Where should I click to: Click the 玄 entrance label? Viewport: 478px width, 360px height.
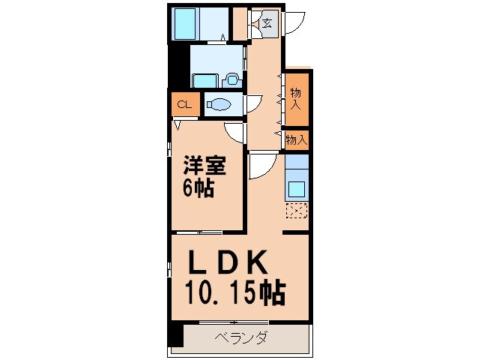click(x=267, y=22)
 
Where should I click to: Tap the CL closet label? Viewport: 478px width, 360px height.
click(x=184, y=104)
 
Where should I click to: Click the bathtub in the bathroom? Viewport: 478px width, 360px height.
click(x=184, y=25)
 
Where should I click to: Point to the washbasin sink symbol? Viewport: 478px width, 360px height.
click(x=231, y=77)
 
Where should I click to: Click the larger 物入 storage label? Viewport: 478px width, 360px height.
click(x=297, y=97)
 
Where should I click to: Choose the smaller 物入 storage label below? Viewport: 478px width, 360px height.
click(x=297, y=139)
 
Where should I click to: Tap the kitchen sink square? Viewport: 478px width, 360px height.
click(x=297, y=187)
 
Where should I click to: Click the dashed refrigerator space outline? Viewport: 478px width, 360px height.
click(x=297, y=211)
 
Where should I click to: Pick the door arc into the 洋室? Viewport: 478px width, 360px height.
click(x=236, y=133)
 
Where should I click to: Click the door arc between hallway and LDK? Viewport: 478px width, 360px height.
click(x=261, y=166)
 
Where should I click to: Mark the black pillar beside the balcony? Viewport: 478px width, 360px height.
click(x=176, y=334)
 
